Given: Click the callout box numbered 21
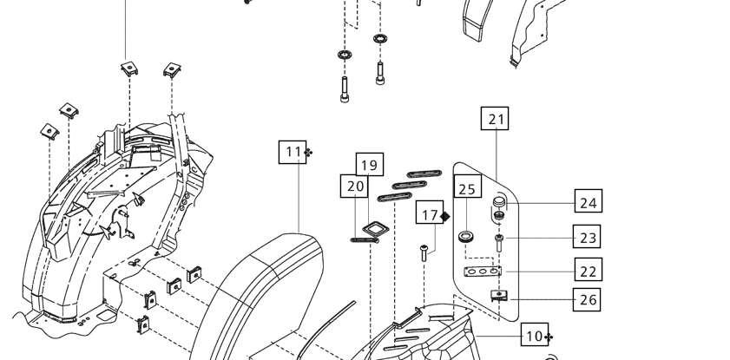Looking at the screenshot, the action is click(x=495, y=119).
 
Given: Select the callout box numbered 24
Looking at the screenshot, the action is click(x=588, y=201).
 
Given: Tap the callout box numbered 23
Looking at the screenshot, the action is click(x=586, y=236).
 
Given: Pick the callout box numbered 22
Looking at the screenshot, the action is click(x=588, y=269).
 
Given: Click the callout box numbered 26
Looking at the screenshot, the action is click(x=586, y=299).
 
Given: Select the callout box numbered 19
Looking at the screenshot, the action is click(x=370, y=164).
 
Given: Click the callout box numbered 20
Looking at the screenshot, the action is click(x=354, y=186).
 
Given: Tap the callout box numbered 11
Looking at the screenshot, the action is click(x=293, y=152).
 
